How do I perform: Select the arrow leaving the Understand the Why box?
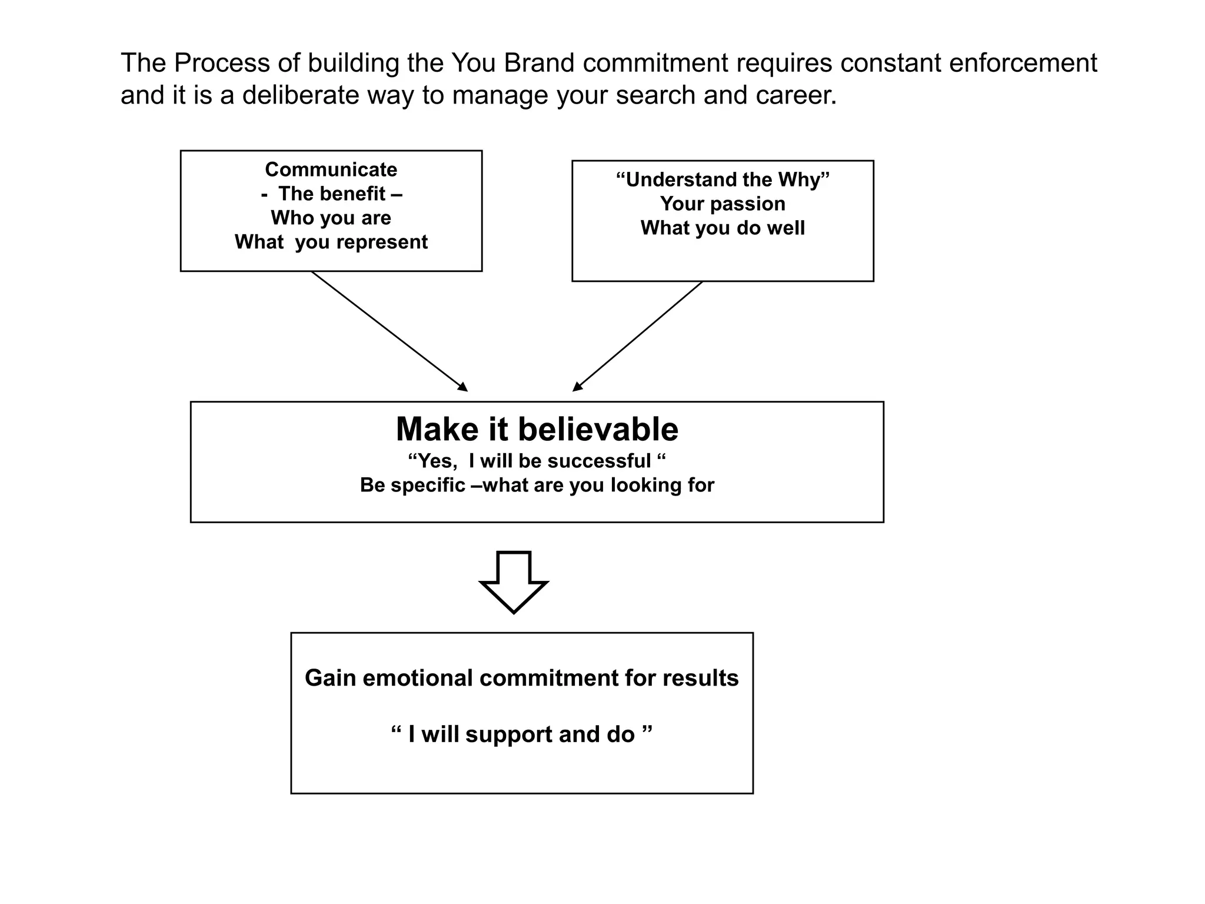click(638, 336)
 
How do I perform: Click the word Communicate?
click(331, 169)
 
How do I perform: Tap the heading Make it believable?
click(537, 429)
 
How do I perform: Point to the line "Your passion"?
click(722, 204)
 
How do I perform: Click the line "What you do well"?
click(722, 228)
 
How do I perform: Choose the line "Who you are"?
click(331, 218)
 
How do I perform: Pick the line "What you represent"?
click(331, 242)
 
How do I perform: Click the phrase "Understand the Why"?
click(722, 180)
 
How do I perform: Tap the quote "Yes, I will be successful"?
click(537, 461)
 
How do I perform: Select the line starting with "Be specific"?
click(537, 485)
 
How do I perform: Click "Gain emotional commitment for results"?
click(521, 678)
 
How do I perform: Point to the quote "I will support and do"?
click(521, 734)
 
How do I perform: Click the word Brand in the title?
click(539, 63)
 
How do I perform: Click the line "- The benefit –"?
click(331, 194)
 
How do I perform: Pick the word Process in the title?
click(221, 63)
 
